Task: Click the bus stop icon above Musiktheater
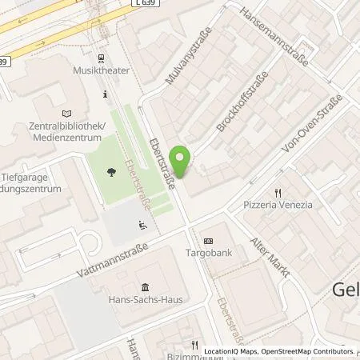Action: [x=101, y=58]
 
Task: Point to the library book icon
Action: [x=66, y=114]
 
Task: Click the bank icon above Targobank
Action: [x=209, y=241]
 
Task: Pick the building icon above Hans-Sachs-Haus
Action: [x=145, y=287]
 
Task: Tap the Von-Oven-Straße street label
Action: [x=311, y=123]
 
